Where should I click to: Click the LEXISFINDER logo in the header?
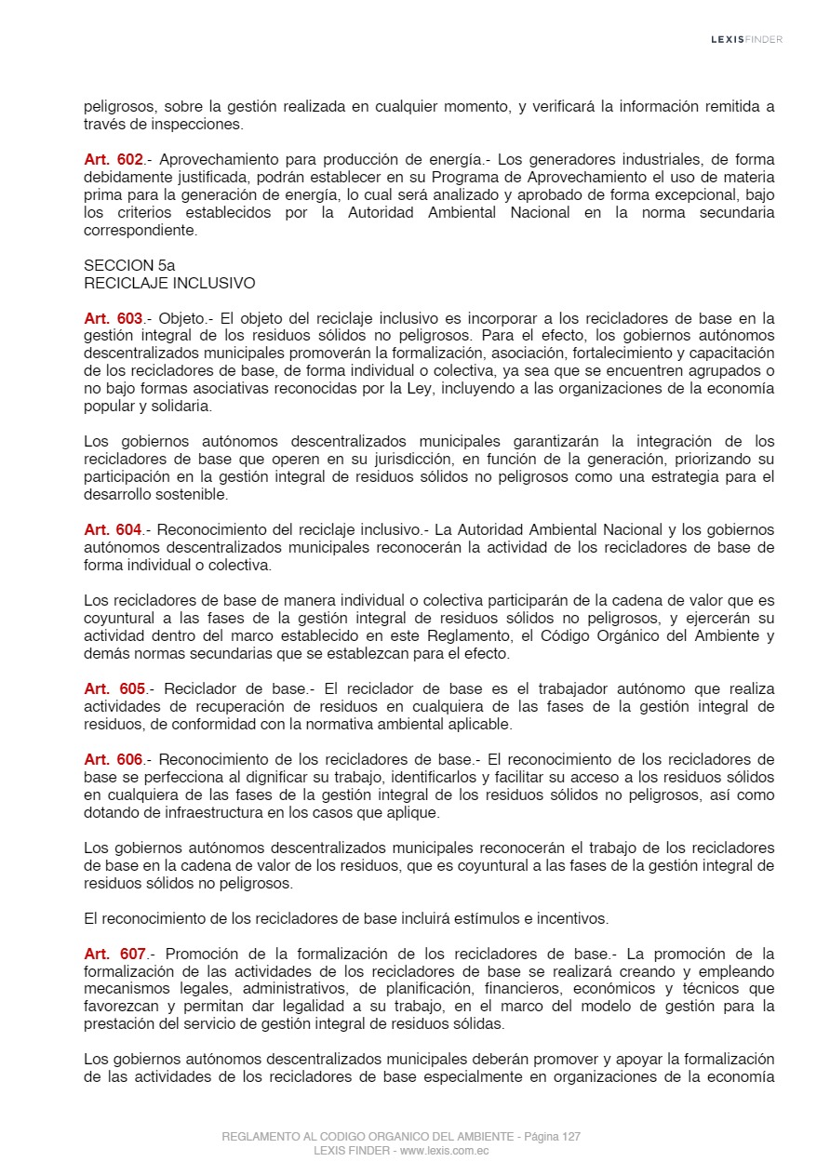(746, 39)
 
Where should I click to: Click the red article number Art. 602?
(113, 160)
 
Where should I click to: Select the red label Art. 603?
(113, 318)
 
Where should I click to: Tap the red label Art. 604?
(113, 530)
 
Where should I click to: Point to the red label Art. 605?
(114, 689)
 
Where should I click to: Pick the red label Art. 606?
(113, 760)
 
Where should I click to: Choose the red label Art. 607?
(114, 955)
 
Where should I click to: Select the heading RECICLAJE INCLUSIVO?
(169, 283)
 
